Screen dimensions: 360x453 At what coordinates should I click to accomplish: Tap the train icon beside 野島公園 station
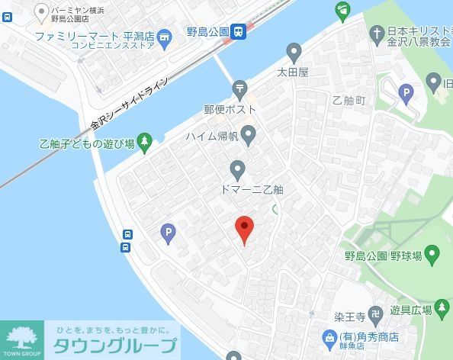(x=239, y=31)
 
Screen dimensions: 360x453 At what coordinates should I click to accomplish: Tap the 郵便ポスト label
(x=230, y=109)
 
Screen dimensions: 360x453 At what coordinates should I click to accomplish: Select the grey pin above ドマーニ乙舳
(x=238, y=169)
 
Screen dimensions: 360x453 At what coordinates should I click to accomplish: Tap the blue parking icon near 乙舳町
(x=406, y=95)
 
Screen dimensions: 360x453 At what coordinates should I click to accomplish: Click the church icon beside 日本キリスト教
(x=376, y=33)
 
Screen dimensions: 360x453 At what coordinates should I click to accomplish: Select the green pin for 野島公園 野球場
(x=432, y=253)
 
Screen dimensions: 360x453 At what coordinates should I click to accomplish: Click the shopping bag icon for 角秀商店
(x=329, y=336)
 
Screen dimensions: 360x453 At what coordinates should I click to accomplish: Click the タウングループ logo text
(x=114, y=346)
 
